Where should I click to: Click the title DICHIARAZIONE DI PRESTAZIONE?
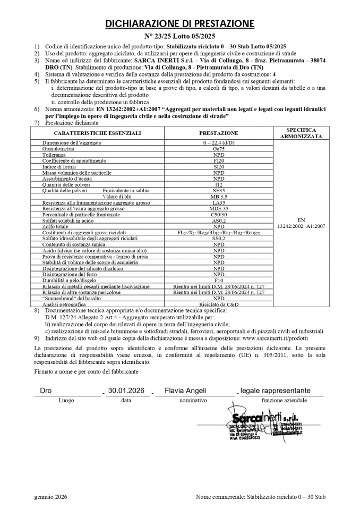(x=179, y=23)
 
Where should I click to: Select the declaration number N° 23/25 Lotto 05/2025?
(x=179, y=36)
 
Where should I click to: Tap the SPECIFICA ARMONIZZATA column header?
(x=301, y=133)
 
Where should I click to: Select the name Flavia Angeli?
(x=185, y=391)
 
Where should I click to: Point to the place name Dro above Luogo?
(x=46, y=391)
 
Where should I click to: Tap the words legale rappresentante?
(x=275, y=391)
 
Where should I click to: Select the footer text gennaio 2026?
(x=50, y=496)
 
